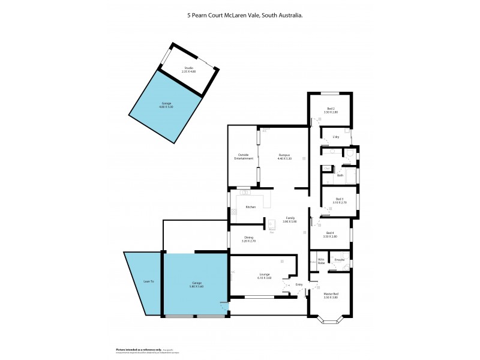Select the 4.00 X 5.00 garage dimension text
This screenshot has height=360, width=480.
coord(166,107)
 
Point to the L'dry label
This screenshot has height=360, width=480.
coord(335,137)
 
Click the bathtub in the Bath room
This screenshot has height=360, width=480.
coord(350,175)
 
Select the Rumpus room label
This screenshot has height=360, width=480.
coord(284,155)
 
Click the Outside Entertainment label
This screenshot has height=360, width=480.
coord(242,158)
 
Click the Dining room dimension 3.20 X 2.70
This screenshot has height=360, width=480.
coord(248,241)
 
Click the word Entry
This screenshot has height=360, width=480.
coord(299,284)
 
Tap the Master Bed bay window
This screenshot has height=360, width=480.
coord(330,320)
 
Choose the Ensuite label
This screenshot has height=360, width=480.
coord(339,260)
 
